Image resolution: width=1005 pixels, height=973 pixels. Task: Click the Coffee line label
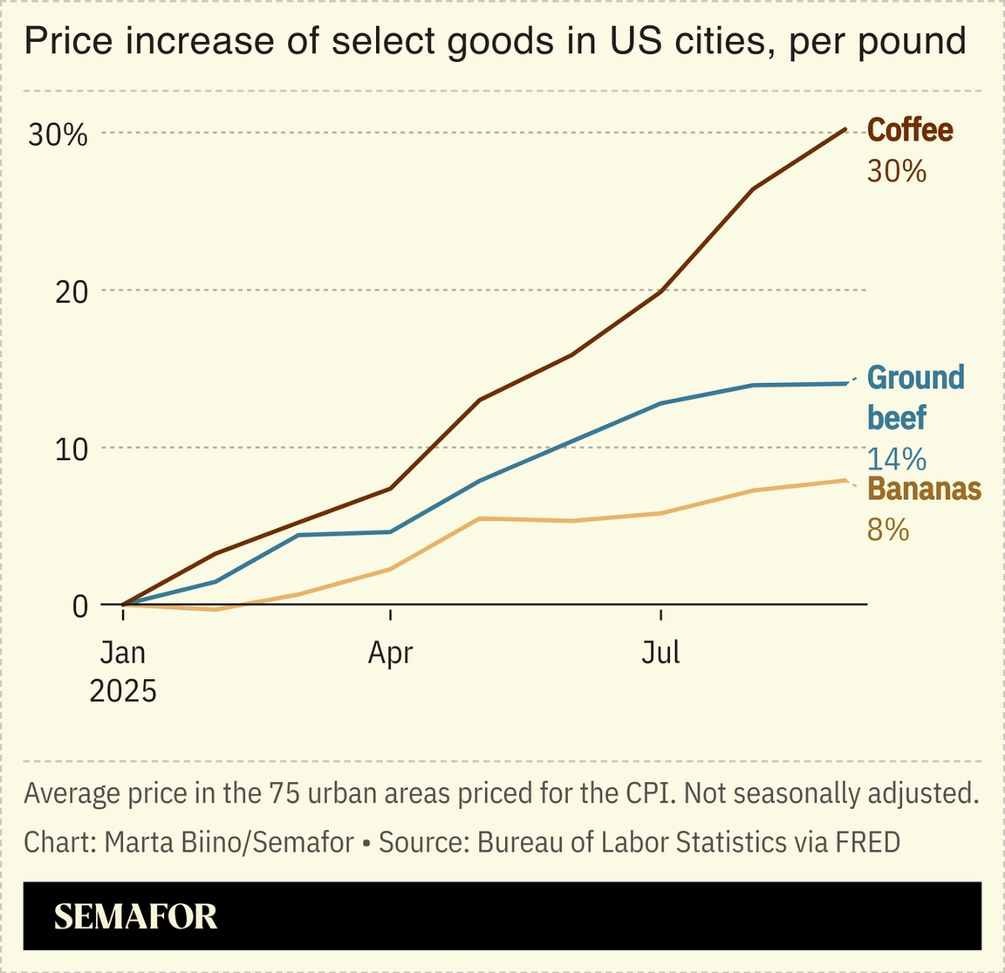point(909,130)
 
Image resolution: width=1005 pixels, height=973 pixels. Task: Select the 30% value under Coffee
point(896,171)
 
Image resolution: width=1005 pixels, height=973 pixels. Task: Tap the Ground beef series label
point(916,398)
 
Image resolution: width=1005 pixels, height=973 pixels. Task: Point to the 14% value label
point(896,459)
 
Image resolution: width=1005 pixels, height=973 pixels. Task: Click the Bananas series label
point(925,490)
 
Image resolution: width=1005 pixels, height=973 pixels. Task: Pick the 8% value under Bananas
point(888,530)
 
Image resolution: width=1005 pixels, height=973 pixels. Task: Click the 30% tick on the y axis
point(58,134)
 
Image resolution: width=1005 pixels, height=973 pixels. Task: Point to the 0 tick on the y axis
point(80,606)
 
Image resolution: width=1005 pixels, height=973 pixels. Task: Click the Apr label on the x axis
point(390,653)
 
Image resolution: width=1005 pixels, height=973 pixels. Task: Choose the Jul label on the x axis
point(660,653)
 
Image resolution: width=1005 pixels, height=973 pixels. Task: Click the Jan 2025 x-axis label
point(123,671)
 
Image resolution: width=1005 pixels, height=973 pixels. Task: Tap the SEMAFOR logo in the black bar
point(135,916)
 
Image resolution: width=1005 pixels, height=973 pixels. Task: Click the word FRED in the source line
point(867,842)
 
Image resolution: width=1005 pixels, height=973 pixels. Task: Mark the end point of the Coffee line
point(845,129)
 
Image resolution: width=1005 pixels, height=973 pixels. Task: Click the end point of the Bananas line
point(845,480)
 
